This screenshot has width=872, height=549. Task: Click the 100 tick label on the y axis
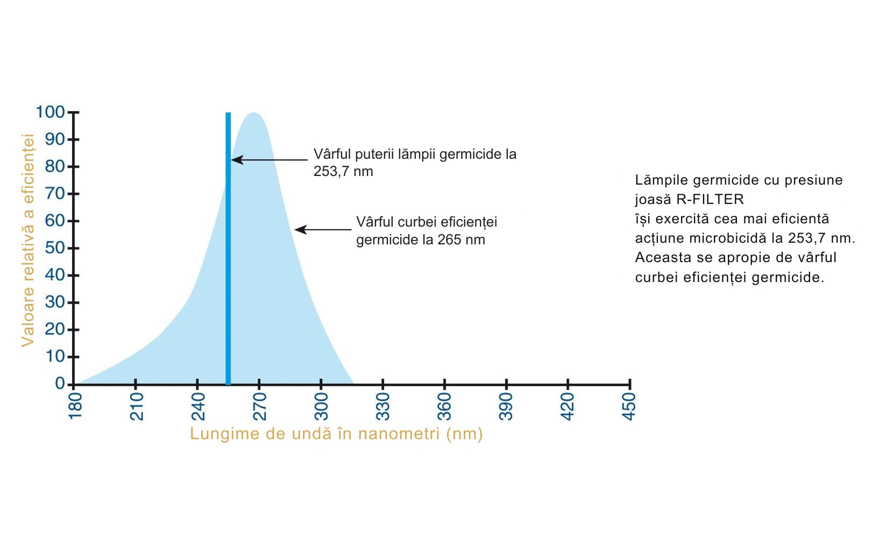coord(50,112)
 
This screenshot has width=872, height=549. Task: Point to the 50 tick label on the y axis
coord(55,248)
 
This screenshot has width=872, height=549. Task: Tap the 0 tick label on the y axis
coord(60,383)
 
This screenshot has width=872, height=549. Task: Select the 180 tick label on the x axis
coord(75,406)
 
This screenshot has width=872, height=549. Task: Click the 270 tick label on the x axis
coord(260,406)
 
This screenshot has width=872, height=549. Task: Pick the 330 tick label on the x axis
coord(383,406)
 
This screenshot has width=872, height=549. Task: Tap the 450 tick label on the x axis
coord(629,406)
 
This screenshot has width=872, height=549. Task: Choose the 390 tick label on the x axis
coord(506,406)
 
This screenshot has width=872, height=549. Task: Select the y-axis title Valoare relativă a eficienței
coord(28,240)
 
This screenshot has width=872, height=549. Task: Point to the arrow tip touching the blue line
coord(233,160)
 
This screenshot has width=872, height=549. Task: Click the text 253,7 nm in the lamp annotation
coord(343,172)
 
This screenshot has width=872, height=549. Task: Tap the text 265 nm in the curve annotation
coord(461,240)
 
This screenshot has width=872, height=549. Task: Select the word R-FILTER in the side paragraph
coord(710,199)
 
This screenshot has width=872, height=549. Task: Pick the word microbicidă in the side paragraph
coord(735,238)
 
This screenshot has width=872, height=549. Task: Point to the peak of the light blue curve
coord(253,113)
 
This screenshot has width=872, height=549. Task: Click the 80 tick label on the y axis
coord(55,166)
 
